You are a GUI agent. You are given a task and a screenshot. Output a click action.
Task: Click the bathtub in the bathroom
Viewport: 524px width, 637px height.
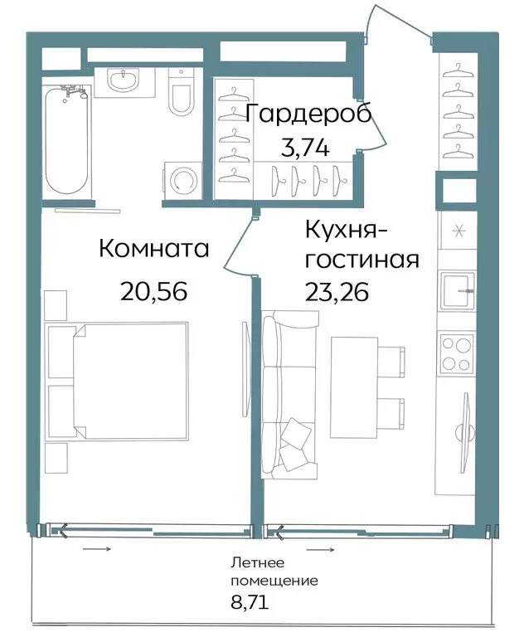point(66,141)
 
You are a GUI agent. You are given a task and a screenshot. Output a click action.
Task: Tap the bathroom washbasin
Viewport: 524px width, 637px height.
point(124,80)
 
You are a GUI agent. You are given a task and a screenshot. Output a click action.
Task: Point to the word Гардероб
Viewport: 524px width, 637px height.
point(308,114)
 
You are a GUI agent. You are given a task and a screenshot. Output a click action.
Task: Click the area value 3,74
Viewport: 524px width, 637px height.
point(304,148)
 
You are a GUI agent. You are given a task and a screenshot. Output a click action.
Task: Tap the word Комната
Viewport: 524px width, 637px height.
point(154,249)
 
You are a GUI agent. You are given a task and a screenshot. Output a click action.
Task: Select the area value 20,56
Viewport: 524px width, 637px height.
point(154,291)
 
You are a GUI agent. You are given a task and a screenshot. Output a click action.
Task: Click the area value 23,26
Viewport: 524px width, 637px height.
point(337,291)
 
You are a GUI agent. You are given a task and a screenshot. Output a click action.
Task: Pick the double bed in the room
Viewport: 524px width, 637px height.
point(117,381)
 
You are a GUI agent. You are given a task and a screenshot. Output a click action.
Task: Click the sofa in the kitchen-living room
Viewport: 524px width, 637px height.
point(289,395)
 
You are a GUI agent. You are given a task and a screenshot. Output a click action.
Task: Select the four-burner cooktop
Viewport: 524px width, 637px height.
point(456,353)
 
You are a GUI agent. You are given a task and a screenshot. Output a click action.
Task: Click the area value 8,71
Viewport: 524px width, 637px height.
point(250,601)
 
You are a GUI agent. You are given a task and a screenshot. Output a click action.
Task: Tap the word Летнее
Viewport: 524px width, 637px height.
point(258,563)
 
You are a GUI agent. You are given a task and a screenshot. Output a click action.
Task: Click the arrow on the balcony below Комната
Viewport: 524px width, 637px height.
point(97,549)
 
